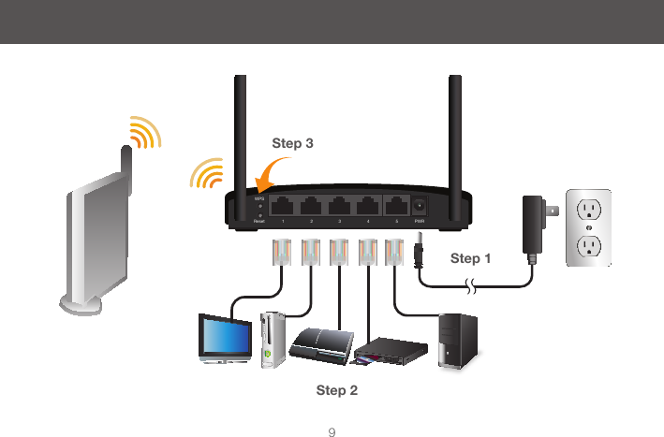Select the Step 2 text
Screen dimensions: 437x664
point(337,389)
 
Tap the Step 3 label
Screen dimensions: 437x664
point(292,144)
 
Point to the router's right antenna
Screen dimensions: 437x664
point(456,131)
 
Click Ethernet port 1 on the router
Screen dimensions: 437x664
point(282,206)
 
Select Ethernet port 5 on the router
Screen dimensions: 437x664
point(398,206)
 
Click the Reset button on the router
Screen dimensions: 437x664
point(258,216)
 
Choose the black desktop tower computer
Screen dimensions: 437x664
point(459,338)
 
